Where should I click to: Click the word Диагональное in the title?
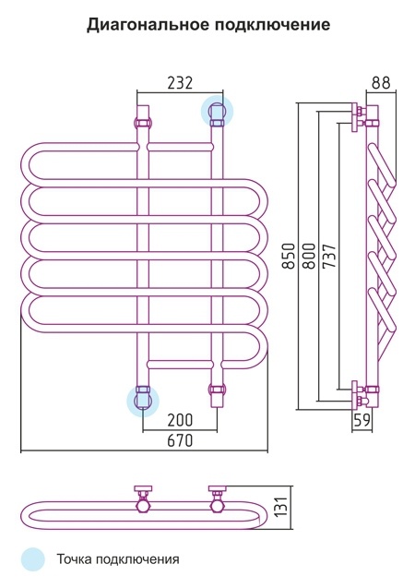pyautogui.click(x=148, y=24)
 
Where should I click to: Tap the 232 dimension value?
pyautogui.click(x=180, y=82)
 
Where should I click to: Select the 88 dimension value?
pyautogui.click(x=381, y=82)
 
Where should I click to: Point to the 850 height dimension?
pyautogui.click(x=289, y=257)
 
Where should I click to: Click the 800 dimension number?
pyautogui.click(x=309, y=257)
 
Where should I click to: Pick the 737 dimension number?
pyautogui.click(x=329, y=257)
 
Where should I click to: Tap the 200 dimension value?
pyautogui.click(x=180, y=420)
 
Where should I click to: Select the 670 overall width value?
pyautogui.click(x=180, y=440)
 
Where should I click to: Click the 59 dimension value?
pyautogui.click(x=362, y=420)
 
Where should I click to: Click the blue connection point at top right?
pyautogui.click(x=217, y=110)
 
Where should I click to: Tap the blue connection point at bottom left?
pyautogui.click(x=143, y=401)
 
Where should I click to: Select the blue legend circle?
pyautogui.click(x=33, y=559)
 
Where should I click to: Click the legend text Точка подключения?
pyautogui.click(x=118, y=559)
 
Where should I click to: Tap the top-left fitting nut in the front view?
pyautogui.click(x=142, y=123)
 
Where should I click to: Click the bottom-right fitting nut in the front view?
pyautogui.click(x=218, y=390)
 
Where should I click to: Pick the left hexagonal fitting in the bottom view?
pyautogui.click(x=143, y=507)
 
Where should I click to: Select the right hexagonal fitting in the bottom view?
pyautogui.click(x=218, y=507)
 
